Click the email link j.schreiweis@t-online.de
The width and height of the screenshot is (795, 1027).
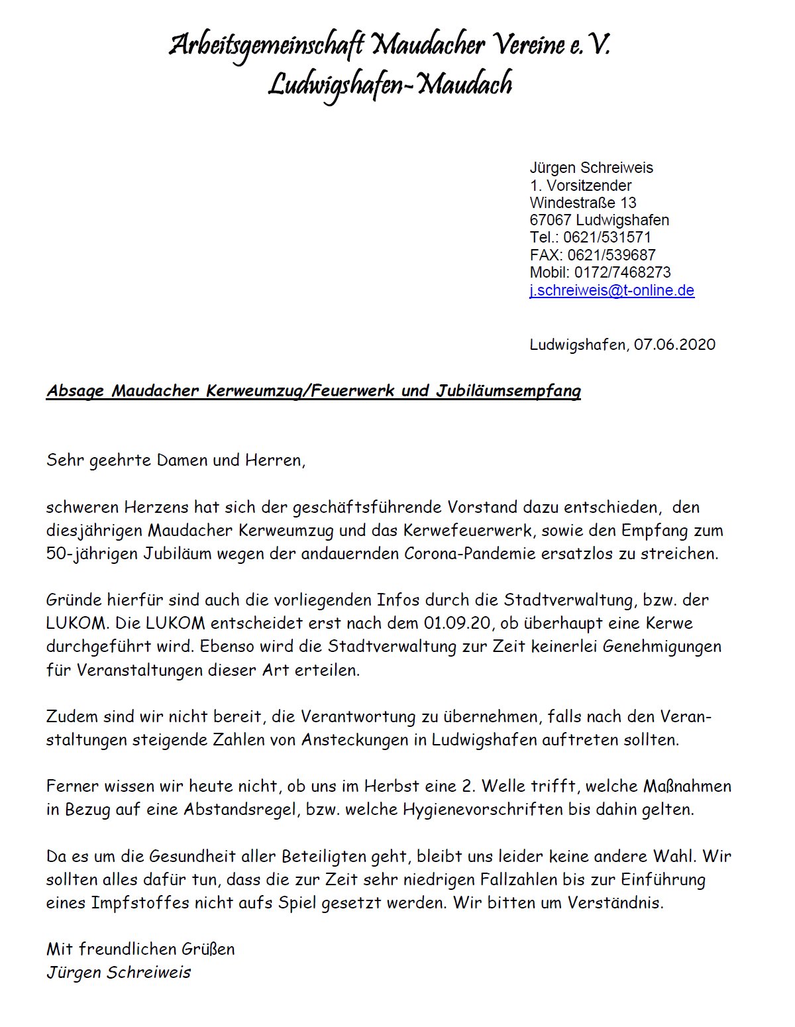(611, 290)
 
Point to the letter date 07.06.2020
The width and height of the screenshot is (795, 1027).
(674, 345)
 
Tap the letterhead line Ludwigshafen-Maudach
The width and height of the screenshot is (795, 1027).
(390, 85)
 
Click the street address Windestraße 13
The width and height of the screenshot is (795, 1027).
(583, 203)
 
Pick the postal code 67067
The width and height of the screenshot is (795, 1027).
(551, 220)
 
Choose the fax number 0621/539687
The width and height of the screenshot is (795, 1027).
(611, 255)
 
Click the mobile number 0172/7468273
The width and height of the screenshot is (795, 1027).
(622, 272)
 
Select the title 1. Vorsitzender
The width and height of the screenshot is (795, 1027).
(580, 186)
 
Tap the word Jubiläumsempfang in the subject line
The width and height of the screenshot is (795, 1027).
(508, 391)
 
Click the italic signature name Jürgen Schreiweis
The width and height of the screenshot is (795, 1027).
(119, 973)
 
